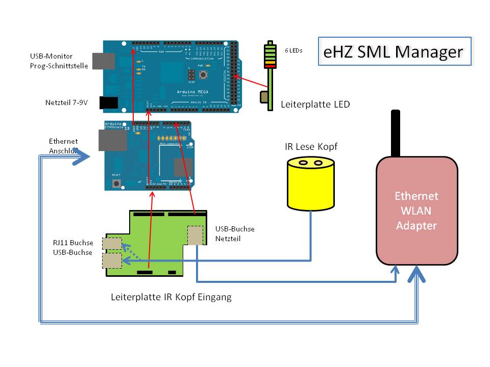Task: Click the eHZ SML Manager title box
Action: pyautogui.click(x=394, y=51)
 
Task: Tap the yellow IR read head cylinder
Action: pyautogui.click(x=310, y=185)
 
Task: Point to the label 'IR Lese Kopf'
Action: pyautogui.click(x=311, y=147)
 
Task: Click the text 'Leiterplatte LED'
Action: pyautogui.click(x=315, y=105)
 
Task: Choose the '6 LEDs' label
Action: pyautogui.click(x=293, y=50)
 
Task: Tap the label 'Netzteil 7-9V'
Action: pyautogui.click(x=66, y=103)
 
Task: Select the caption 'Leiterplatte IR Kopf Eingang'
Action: pyautogui.click(x=171, y=297)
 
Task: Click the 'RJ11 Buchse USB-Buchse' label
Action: pyautogui.click(x=73, y=248)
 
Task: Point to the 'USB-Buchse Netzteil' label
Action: pyautogui.click(x=235, y=233)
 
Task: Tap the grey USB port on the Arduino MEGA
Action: pyautogui.click(x=98, y=60)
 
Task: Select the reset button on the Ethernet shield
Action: pyautogui.click(x=116, y=182)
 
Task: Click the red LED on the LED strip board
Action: pyautogui.click(x=269, y=65)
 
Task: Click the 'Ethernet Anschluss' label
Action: pyautogui.click(x=63, y=146)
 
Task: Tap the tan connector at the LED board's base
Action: pyautogui.click(x=264, y=96)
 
